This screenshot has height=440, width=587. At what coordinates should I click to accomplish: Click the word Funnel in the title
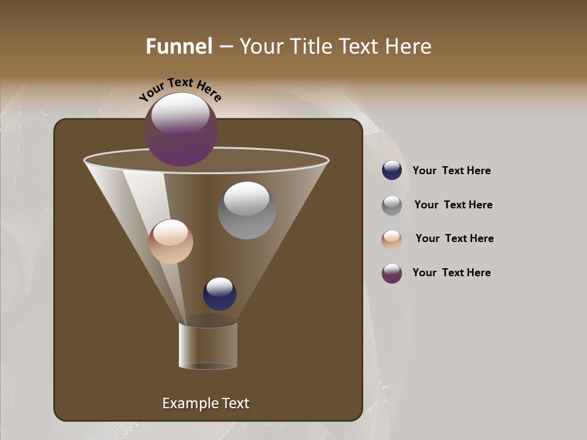click(179, 46)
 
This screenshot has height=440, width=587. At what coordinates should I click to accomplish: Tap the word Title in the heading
click(309, 46)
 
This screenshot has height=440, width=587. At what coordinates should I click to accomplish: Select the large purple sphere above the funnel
click(181, 130)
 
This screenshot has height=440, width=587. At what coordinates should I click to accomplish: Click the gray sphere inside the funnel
click(246, 210)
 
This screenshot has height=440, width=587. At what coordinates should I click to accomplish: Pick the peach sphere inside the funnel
click(171, 241)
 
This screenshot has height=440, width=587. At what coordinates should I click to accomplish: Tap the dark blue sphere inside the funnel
click(220, 293)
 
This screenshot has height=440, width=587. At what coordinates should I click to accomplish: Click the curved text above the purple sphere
click(180, 89)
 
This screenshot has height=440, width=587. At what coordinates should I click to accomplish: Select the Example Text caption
click(205, 403)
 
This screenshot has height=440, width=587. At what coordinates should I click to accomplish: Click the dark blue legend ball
click(392, 170)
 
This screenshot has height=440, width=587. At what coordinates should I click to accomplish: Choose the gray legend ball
click(392, 205)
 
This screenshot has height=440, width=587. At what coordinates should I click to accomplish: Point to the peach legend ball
click(392, 239)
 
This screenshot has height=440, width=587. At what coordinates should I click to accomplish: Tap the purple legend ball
click(392, 273)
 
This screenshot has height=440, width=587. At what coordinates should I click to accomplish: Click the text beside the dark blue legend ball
click(451, 170)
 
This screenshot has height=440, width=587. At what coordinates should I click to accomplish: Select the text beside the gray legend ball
click(453, 205)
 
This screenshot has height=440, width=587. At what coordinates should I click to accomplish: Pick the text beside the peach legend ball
click(454, 238)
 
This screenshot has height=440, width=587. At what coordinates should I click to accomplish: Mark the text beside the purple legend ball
click(451, 273)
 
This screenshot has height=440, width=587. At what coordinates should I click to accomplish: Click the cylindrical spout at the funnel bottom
click(208, 345)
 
